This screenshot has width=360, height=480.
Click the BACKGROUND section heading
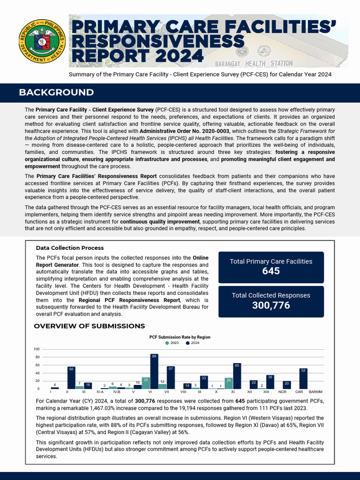[56, 92]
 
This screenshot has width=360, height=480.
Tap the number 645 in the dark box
[271, 271]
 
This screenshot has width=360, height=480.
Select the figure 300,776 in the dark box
[271, 306]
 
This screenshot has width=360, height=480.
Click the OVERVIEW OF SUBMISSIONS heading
[89, 326]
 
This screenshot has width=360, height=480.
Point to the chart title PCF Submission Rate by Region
[180, 337]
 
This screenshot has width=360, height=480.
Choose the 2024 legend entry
[192, 343]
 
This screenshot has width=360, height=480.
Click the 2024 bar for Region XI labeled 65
[237, 378]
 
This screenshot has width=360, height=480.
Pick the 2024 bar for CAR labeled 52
[303, 379]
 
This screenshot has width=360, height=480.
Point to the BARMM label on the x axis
[315, 391]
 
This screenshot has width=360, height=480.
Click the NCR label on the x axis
[282, 391]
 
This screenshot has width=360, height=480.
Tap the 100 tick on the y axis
[37, 349]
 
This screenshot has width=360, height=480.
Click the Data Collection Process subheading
[69, 248]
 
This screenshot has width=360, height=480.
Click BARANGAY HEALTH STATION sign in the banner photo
[254, 63]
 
